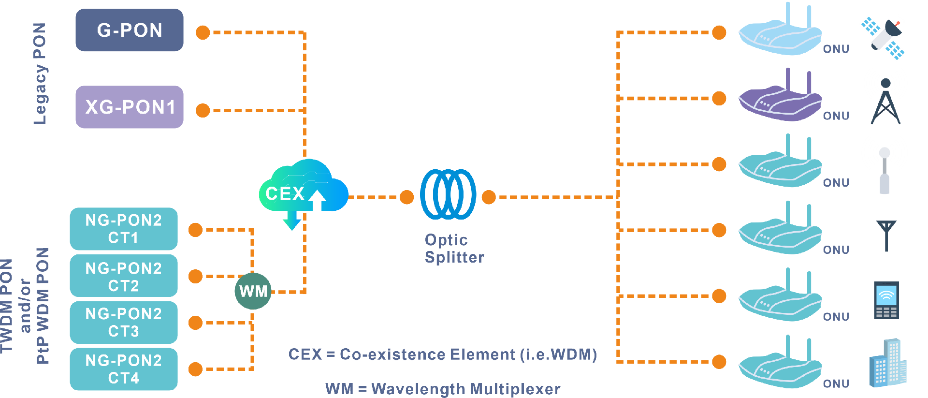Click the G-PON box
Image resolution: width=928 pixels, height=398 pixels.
tap(129, 30)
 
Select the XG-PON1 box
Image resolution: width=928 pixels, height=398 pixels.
tap(129, 107)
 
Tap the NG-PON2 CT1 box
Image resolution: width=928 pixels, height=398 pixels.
tap(123, 229)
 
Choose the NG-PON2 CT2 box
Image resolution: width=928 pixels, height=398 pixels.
tap(123, 276)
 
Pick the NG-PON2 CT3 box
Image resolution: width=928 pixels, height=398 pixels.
tap(123, 322)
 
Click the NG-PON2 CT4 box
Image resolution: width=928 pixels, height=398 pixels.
tap(123, 369)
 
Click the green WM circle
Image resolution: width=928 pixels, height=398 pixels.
tap(253, 291)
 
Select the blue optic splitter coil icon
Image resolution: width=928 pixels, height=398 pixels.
tap(448, 194)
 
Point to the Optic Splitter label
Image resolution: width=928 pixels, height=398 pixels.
tap(453, 249)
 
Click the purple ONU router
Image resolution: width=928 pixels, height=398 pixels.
tap(780, 99)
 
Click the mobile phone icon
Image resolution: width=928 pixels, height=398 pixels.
tap(886, 300)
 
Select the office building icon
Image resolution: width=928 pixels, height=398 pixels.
tap(887, 363)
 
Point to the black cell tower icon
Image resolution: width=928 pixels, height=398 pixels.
tap(885, 102)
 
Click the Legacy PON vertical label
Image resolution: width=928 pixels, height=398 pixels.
tap(40, 74)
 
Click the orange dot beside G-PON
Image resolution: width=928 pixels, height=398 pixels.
tap(203, 32)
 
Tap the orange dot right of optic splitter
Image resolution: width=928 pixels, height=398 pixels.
tap(489, 197)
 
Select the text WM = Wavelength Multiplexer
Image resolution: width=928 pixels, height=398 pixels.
tap(442, 388)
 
